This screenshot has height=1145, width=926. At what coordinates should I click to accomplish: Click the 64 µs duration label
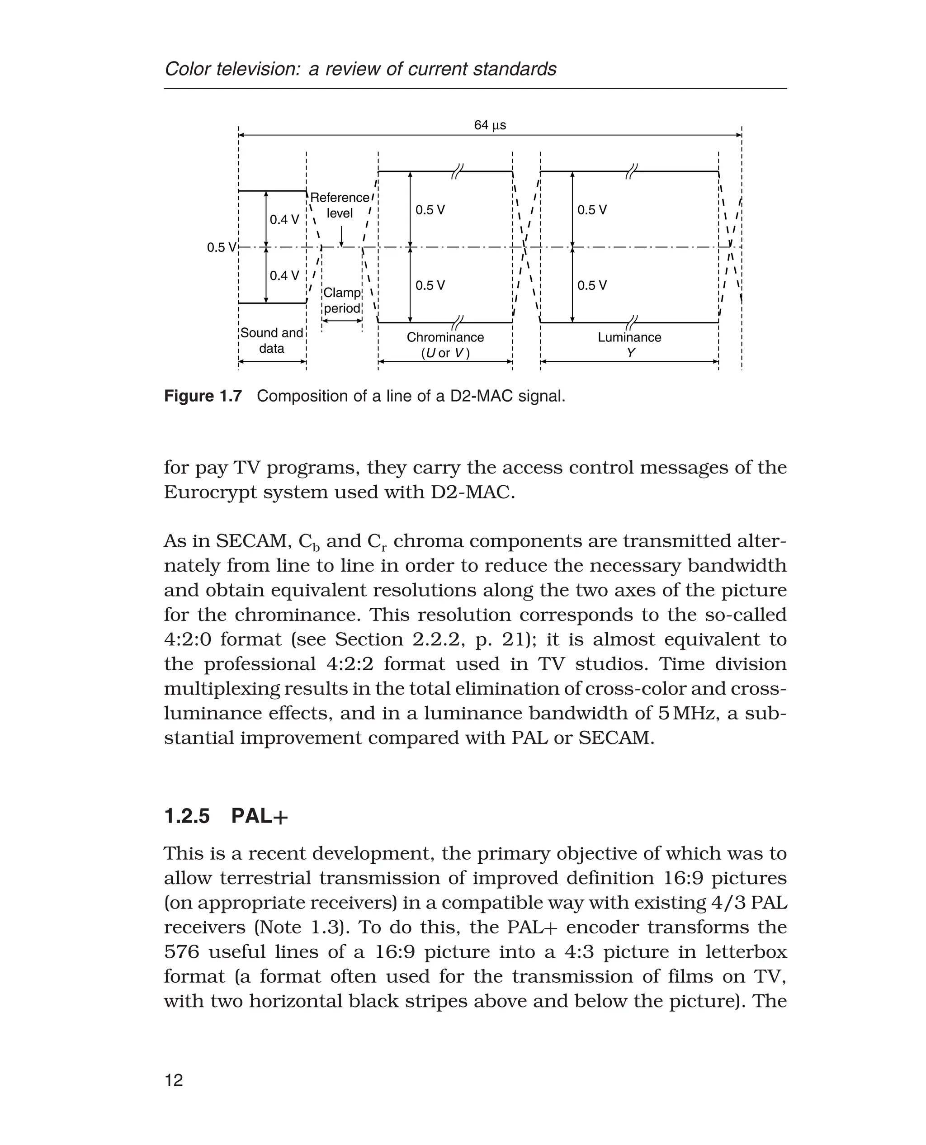(x=490, y=125)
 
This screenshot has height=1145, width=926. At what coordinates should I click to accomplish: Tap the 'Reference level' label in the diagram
(x=340, y=205)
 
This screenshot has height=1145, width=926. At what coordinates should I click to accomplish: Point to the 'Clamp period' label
(x=342, y=300)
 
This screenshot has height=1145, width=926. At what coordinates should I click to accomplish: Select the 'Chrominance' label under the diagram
(x=445, y=337)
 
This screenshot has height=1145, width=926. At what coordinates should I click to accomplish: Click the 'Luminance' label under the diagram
(x=629, y=337)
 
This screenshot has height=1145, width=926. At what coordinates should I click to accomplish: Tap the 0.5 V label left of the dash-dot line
(x=221, y=247)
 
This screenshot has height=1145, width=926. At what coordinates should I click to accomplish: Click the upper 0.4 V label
(x=284, y=219)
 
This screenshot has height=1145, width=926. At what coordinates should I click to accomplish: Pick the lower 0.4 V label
(x=284, y=275)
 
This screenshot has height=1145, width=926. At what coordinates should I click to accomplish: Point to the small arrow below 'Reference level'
(x=341, y=237)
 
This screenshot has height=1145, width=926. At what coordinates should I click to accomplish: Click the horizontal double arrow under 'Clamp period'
(x=342, y=321)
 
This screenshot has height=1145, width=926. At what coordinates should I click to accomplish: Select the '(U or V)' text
(x=445, y=353)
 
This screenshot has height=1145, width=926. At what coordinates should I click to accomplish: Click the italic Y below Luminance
(x=630, y=353)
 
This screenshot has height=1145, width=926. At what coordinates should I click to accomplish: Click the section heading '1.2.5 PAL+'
(x=226, y=816)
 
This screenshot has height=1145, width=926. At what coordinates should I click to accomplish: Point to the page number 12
(x=174, y=1080)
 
